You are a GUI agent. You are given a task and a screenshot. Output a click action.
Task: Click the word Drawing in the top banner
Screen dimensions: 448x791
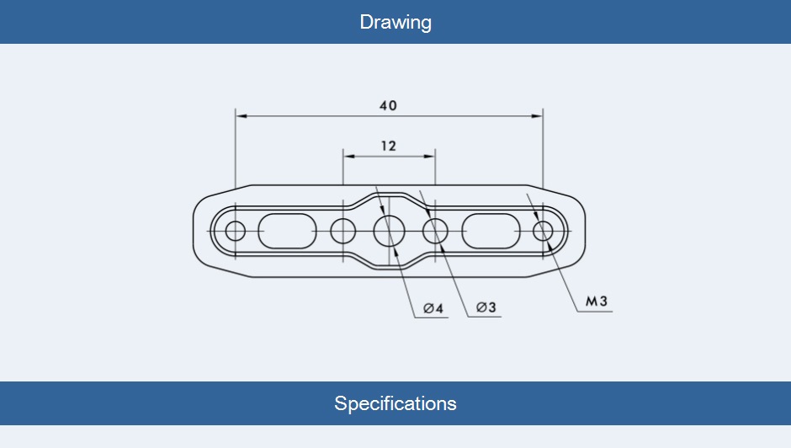click(395, 22)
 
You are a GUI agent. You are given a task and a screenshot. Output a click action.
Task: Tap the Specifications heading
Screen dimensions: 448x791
click(395, 403)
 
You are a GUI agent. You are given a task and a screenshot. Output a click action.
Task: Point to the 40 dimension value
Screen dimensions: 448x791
click(388, 106)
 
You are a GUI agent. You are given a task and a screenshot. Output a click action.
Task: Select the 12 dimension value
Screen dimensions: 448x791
click(388, 146)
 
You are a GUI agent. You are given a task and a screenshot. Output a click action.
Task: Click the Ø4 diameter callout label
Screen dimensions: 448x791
click(433, 309)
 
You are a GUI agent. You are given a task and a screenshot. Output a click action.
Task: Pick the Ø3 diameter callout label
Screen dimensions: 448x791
click(486, 308)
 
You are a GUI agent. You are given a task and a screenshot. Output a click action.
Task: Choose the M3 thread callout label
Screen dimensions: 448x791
click(597, 301)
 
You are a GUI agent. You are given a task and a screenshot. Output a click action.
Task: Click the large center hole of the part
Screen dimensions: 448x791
click(390, 230)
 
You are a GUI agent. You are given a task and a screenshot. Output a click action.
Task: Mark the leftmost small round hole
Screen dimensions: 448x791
click(236, 230)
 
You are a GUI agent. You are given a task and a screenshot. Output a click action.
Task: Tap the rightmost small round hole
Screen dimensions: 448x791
click(543, 230)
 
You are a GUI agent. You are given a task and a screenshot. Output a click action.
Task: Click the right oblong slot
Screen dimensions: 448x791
click(491, 230)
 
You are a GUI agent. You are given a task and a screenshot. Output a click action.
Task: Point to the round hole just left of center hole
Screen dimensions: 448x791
click(343, 230)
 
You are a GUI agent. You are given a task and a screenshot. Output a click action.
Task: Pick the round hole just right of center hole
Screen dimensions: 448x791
click(435, 230)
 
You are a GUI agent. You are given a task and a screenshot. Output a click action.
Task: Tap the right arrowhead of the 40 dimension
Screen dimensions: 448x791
click(538, 115)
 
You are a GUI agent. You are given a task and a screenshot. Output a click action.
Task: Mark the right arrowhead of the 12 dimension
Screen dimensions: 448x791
click(430, 155)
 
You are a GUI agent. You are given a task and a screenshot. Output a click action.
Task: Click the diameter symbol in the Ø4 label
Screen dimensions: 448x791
click(428, 309)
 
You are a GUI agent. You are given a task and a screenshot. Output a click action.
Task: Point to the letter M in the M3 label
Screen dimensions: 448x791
click(592, 301)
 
